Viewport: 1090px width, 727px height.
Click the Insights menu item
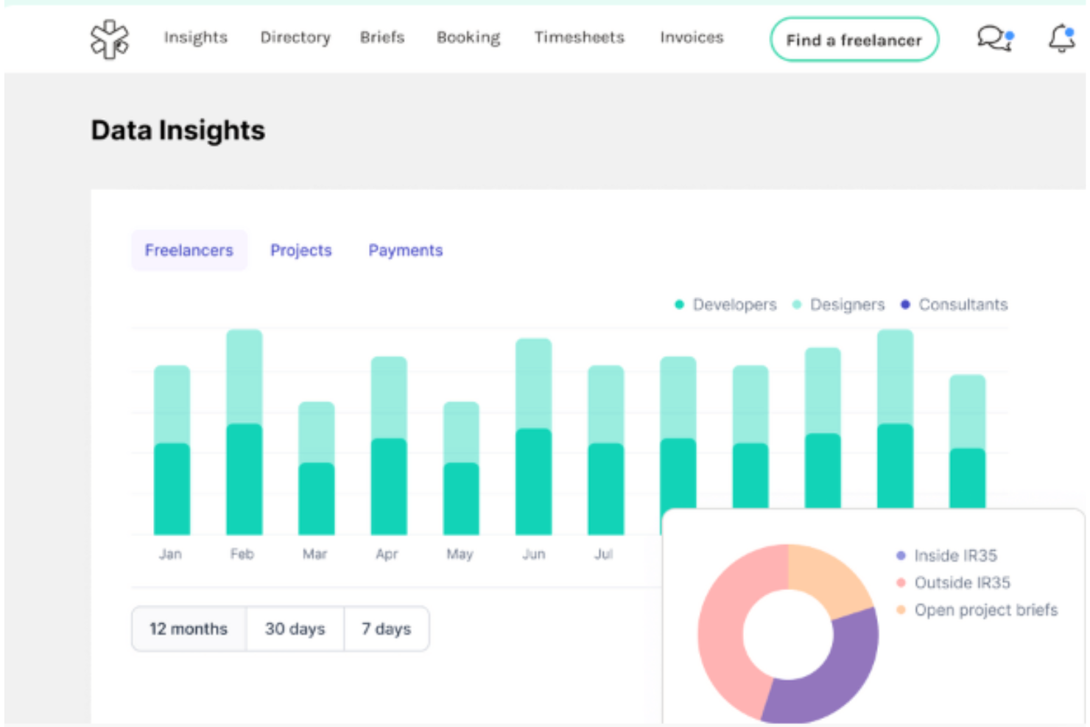click(195, 38)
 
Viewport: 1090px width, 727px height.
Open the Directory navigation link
click(295, 38)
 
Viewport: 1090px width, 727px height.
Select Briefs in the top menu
click(381, 38)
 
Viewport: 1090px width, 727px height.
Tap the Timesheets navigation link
click(579, 38)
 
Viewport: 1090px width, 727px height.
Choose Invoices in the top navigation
click(691, 38)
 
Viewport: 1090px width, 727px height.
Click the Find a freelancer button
click(854, 40)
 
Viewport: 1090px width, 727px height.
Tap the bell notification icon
click(1061, 38)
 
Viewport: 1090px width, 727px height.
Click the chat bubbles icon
click(994, 38)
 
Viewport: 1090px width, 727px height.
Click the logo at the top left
click(110, 39)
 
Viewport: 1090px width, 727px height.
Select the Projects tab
click(300, 250)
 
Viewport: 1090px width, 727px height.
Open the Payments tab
click(405, 250)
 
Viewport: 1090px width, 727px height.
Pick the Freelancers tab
click(189, 250)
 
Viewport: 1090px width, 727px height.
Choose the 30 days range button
click(295, 629)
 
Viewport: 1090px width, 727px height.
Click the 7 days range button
click(386, 629)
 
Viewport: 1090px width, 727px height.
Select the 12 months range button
click(189, 629)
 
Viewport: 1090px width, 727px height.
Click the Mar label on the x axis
click(314, 554)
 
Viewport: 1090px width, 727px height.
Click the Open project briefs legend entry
click(985, 610)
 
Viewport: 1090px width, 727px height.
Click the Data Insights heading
click(177, 130)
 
